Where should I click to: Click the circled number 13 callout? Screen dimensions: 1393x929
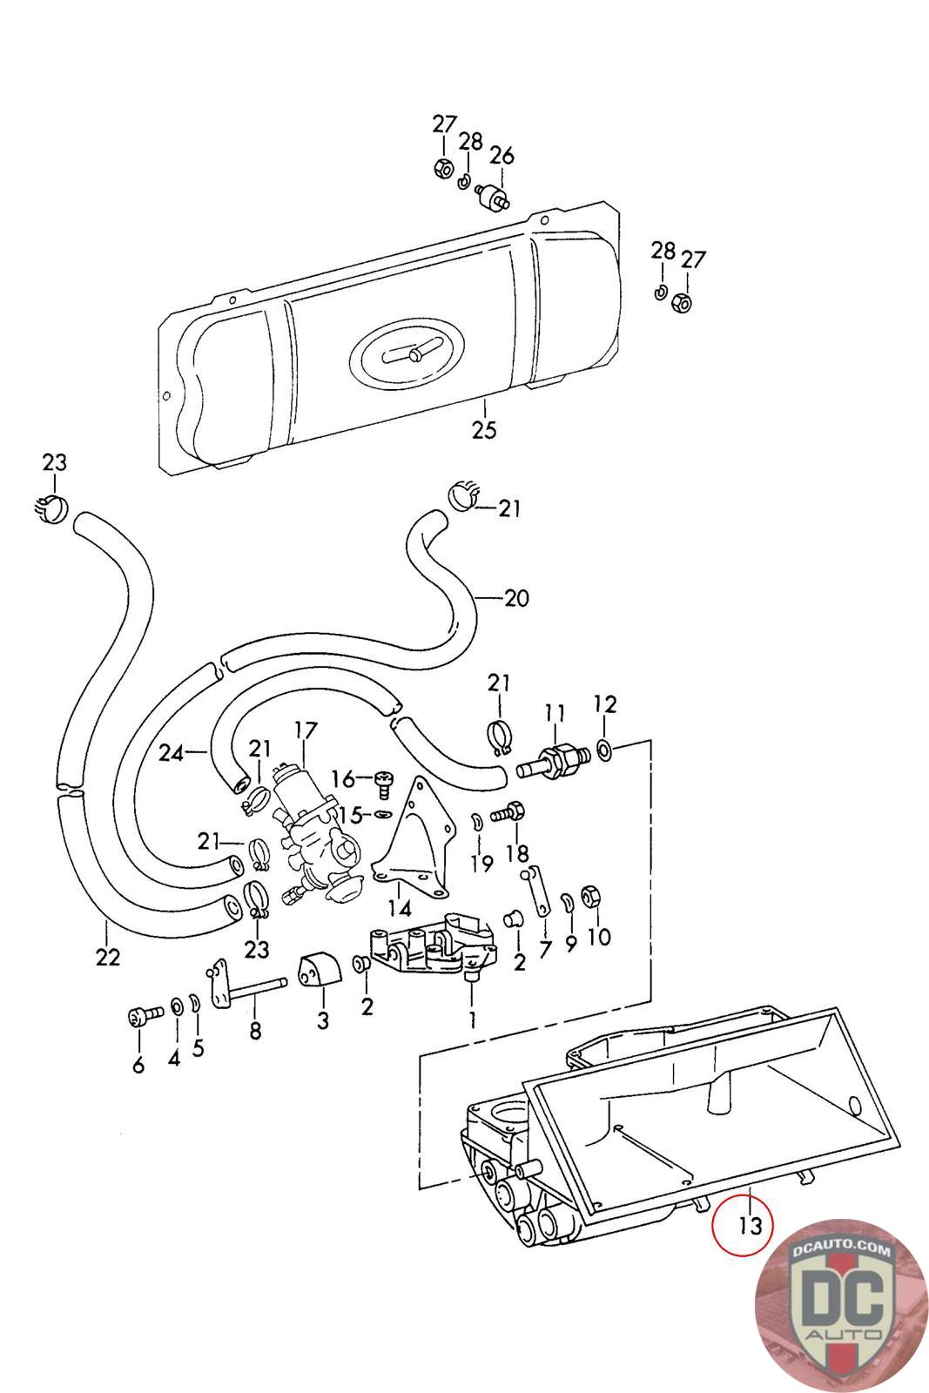[750, 1225]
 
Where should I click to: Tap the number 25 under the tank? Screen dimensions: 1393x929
[484, 429]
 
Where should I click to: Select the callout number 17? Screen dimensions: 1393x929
[305, 730]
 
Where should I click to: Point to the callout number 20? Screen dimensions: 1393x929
[516, 598]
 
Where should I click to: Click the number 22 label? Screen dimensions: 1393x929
[108, 956]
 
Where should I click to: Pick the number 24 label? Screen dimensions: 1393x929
[172, 752]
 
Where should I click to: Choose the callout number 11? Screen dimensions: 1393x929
[555, 713]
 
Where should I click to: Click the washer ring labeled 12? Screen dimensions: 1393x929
[605, 748]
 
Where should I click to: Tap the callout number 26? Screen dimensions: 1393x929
[502, 156]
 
